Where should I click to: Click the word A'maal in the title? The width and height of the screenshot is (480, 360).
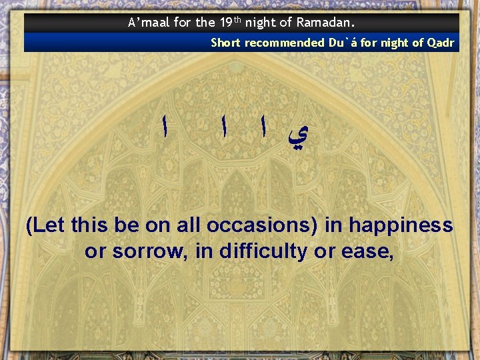pos(148,23)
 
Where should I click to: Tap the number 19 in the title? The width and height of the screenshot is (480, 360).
pos(225,23)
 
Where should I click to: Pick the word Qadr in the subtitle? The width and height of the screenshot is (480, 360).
pos(440,43)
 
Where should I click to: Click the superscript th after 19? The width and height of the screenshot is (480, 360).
pos(237,19)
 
